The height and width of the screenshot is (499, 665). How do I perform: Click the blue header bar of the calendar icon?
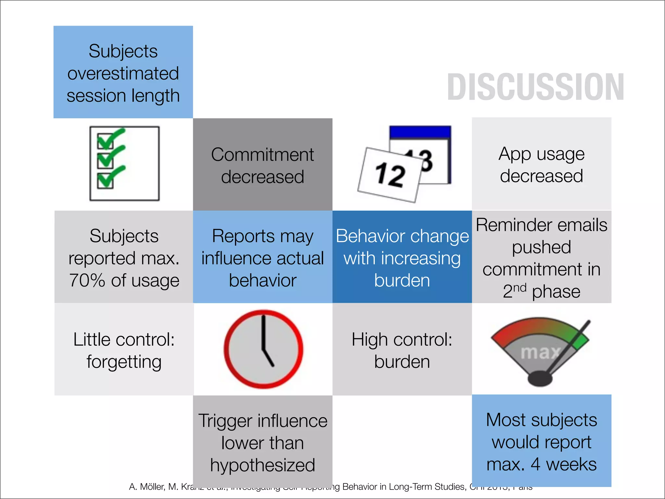click(420, 132)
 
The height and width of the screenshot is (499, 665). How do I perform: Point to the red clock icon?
click(263, 349)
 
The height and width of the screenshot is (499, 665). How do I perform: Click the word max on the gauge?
click(540, 352)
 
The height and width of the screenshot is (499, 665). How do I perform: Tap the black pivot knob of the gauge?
click(540, 378)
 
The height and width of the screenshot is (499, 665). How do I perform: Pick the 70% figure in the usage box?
click(87, 280)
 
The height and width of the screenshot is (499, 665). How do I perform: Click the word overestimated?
click(123, 73)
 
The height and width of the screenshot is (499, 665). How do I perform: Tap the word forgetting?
click(124, 362)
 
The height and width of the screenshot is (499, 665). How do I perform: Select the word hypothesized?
click(262, 465)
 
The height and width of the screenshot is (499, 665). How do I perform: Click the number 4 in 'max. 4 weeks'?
click(535, 464)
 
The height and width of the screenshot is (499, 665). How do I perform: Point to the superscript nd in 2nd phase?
click(520, 288)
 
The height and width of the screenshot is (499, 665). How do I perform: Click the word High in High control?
click(369, 340)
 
